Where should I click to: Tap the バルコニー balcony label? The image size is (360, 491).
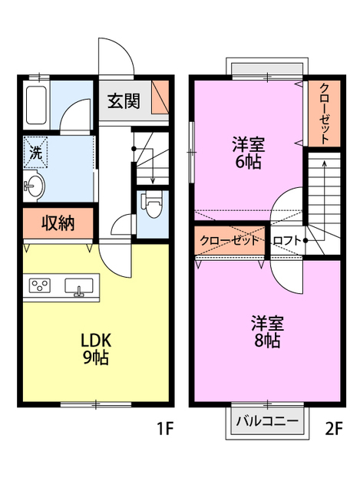[267, 420]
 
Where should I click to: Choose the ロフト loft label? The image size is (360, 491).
[287, 241]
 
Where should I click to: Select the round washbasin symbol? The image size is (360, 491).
[33, 185]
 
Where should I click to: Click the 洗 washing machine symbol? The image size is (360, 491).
[35, 151]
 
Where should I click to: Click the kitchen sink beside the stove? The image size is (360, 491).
[79, 287]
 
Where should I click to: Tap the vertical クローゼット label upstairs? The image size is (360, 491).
[325, 112]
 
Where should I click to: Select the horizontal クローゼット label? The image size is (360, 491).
[230, 241]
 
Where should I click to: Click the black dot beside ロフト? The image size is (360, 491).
[306, 241]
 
